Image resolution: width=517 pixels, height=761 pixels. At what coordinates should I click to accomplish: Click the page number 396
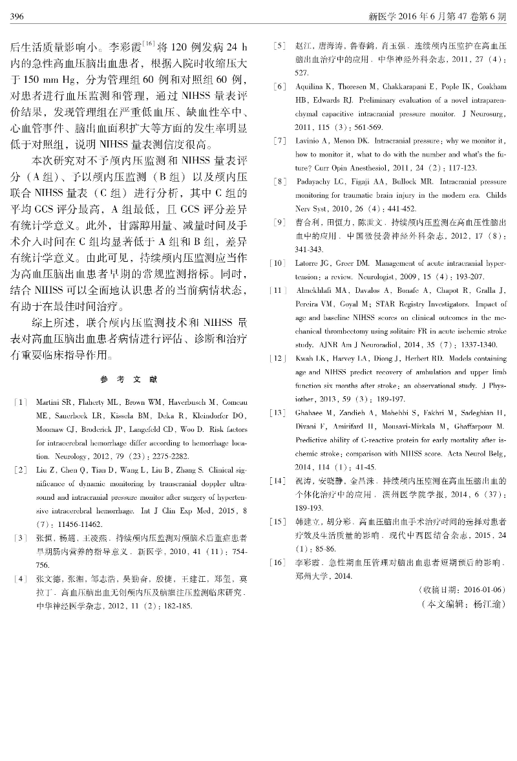[x=17, y=15]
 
